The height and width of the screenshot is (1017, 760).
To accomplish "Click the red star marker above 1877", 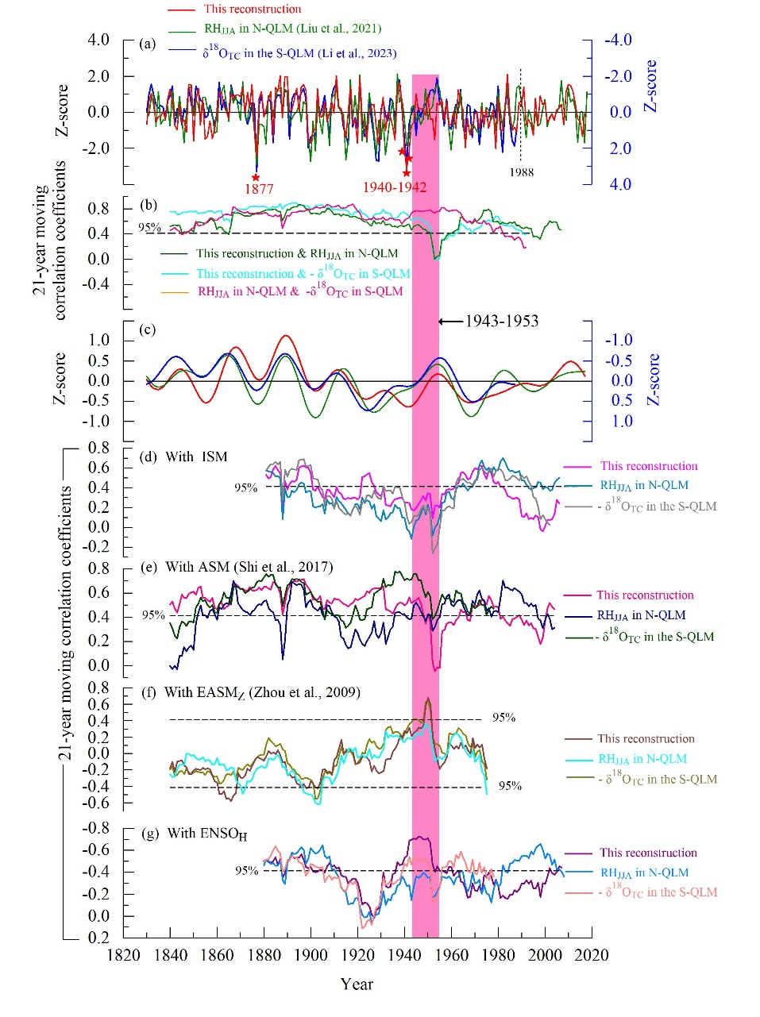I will [256, 177].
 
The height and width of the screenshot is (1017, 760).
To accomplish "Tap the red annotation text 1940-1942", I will [395, 188].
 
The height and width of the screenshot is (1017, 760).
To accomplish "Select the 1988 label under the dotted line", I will [522, 172].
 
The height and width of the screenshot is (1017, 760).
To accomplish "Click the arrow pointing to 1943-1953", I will [450, 322].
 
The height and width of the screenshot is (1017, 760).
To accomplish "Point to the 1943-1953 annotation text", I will [502, 322].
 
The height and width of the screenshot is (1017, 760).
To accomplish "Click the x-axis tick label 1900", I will [311, 955].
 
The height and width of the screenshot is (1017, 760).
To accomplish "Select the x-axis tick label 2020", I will [592, 955].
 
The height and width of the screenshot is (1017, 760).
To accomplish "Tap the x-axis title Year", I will [357, 984].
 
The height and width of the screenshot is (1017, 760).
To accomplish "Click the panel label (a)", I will [148, 44].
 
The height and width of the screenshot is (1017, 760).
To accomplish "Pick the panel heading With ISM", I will [196, 456].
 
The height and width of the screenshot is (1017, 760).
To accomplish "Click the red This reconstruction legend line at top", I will [181, 10].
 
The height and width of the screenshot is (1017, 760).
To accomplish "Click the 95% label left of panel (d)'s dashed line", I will [245, 487].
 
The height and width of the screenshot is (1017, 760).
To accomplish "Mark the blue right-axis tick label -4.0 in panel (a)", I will [618, 40].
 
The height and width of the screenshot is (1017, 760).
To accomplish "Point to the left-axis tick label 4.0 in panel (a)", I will [98, 40].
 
